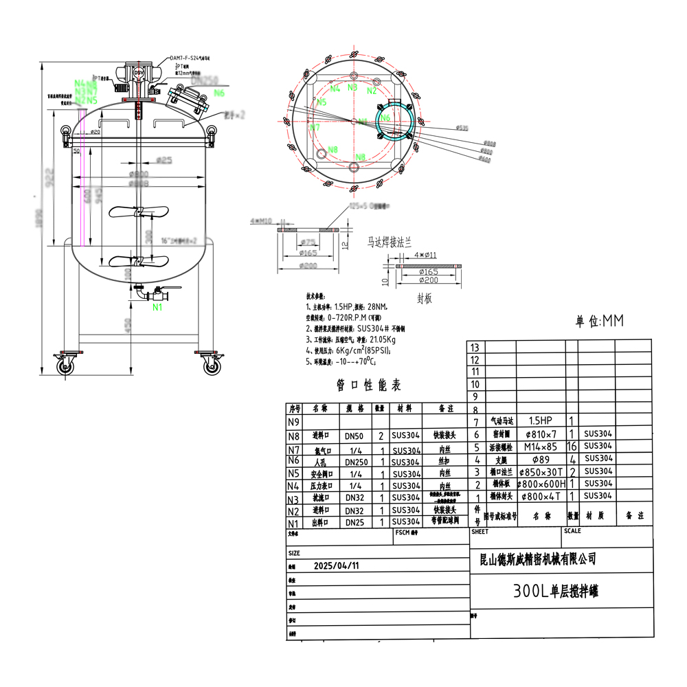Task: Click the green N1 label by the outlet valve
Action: [x=158, y=307]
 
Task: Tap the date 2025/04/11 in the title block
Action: [x=336, y=566]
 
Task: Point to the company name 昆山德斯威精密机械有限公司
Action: [x=537, y=560]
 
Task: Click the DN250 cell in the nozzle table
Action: [x=355, y=462]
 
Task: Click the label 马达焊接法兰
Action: [x=389, y=243]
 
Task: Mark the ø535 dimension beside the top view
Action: [x=462, y=128]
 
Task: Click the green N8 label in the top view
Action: [x=333, y=149]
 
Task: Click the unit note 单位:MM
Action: [x=600, y=321]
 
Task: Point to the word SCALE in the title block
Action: [x=572, y=531]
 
